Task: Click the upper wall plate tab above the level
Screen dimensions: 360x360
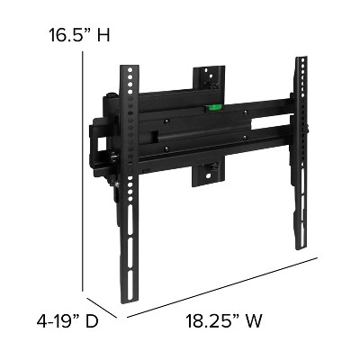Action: coord(209,79)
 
